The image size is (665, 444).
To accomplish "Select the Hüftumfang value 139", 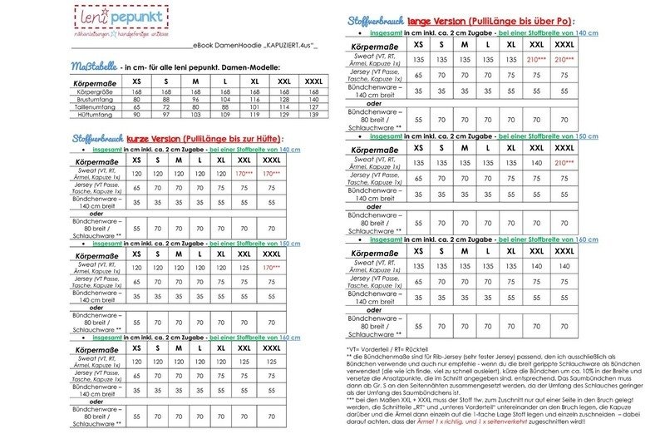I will point(314,115).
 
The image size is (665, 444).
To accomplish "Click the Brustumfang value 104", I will point(224,99).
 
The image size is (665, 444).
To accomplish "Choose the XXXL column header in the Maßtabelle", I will point(314,80).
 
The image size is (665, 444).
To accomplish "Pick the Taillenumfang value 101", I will point(254,107).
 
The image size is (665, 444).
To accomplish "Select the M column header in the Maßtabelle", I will point(196,80).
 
